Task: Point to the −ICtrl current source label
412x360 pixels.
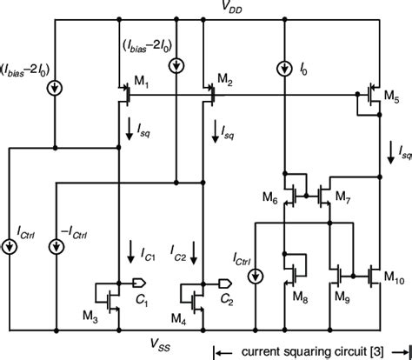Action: [x=77, y=234]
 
